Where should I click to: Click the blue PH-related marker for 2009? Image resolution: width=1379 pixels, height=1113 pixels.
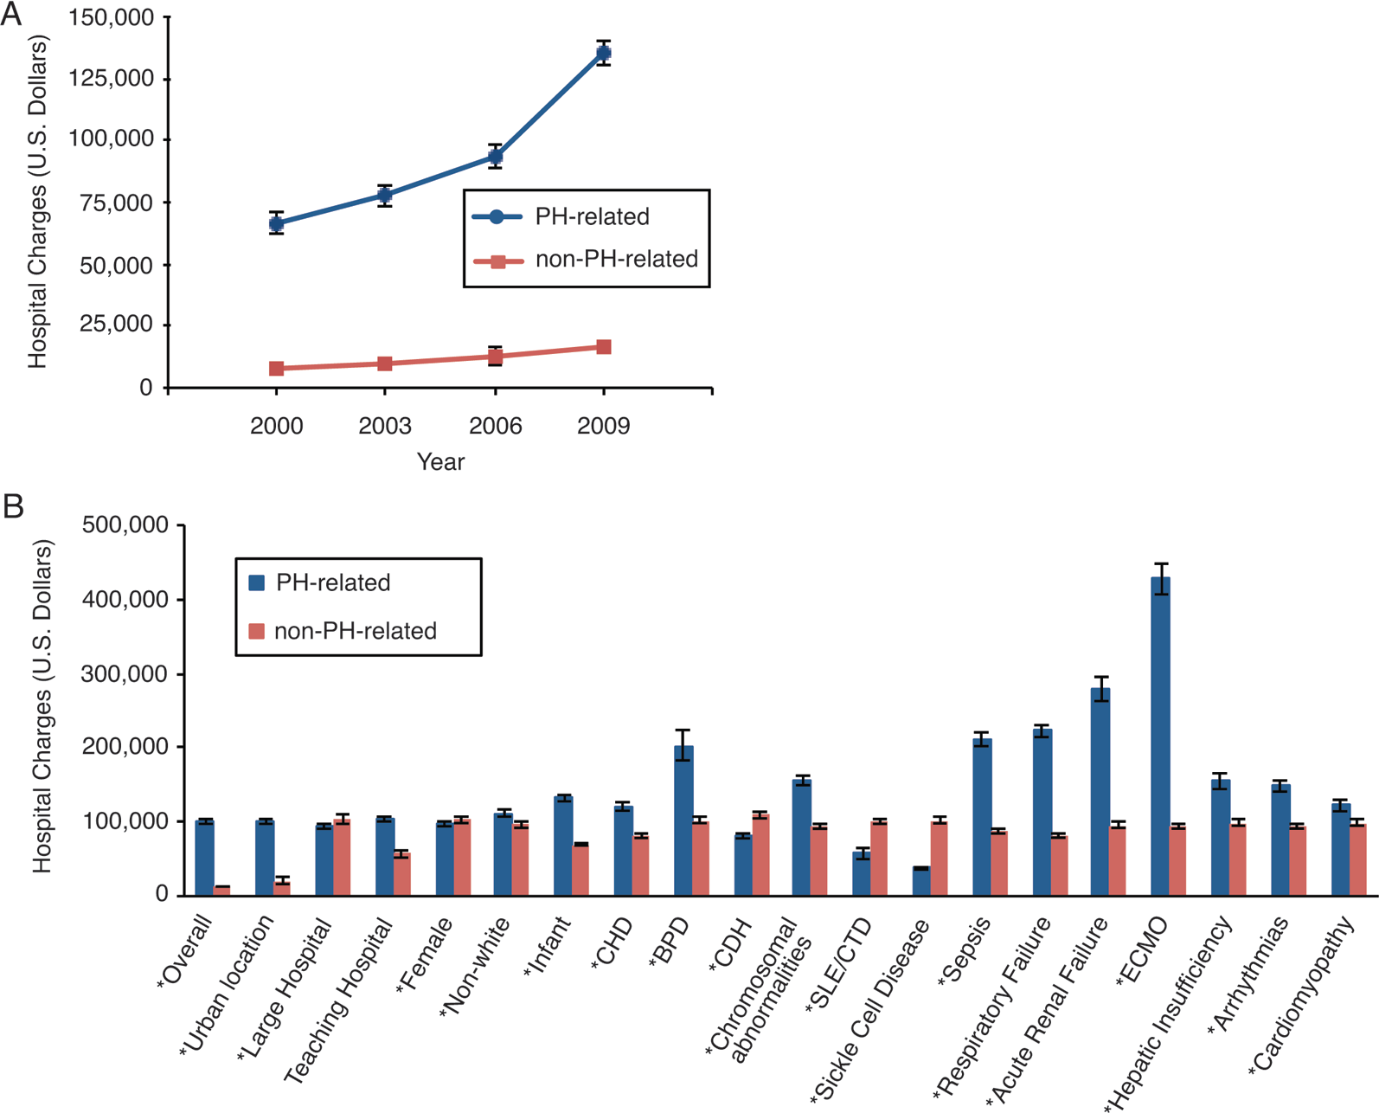tap(603, 53)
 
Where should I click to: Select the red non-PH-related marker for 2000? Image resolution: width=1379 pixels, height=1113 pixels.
tap(276, 368)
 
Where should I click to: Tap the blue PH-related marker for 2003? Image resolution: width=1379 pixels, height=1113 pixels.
tap(384, 195)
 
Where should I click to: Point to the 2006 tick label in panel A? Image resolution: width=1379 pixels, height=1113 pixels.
tap(496, 426)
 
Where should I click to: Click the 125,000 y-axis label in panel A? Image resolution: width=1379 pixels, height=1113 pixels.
tap(112, 78)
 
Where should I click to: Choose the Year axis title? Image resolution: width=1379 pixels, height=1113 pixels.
tap(441, 461)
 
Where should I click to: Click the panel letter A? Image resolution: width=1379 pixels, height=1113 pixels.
tap(11, 14)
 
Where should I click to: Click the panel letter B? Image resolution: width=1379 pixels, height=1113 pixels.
tap(13, 505)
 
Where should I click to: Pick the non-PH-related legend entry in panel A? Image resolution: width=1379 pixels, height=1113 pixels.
tap(586, 259)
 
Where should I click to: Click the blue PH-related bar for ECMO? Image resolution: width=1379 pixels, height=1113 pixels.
tap(1160, 736)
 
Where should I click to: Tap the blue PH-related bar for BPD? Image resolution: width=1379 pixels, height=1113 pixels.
tap(683, 820)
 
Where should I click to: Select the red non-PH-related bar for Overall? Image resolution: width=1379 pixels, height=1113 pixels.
tap(221, 891)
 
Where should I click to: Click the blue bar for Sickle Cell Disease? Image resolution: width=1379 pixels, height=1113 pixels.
tap(921, 882)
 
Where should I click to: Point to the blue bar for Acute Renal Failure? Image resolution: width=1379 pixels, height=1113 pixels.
tap(1100, 792)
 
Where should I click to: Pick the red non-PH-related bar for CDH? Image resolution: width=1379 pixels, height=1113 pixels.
tap(760, 854)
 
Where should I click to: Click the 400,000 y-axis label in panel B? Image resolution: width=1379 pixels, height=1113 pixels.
tap(125, 600)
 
